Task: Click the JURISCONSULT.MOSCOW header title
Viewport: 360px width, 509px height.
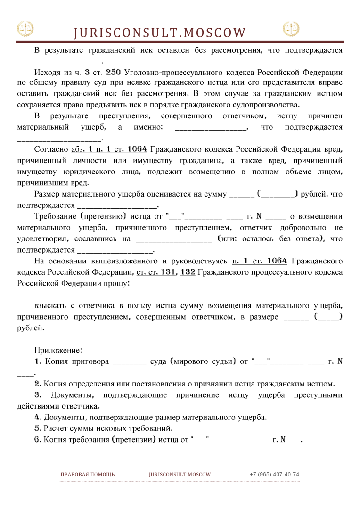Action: point(160,33)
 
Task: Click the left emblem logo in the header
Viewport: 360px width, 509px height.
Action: point(25,29)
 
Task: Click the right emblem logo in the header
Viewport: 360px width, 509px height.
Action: point(291,29)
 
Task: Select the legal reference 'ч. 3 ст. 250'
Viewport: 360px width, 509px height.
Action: point(98,73)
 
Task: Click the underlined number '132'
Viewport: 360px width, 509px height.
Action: point(188,272)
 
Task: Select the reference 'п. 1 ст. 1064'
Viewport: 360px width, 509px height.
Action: point(260,261)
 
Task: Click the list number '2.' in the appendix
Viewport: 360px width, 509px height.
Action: point(38,384)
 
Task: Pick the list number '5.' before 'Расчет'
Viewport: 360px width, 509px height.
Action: point(38,428)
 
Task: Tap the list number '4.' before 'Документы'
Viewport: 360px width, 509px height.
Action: point(38,418)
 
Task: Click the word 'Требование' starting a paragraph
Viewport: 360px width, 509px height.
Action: point(55,216)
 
